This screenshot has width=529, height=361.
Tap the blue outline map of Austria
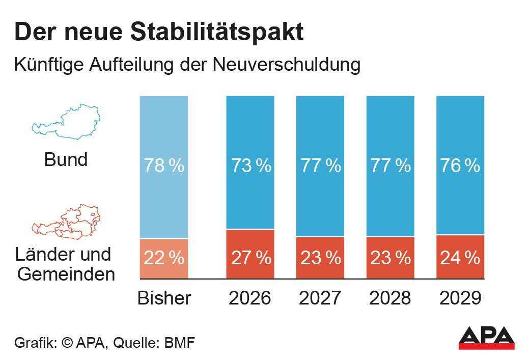(x=65, y=122)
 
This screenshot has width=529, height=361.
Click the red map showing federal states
(x=66, y=222)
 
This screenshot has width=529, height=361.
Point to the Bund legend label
(x=66, y=160)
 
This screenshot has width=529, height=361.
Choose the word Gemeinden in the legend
(x=66, y=274)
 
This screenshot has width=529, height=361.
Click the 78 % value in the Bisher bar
(x=164, y=166)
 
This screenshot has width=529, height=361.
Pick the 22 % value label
(x=164, y=258)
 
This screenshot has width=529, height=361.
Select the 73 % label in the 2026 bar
(x=250, y=166)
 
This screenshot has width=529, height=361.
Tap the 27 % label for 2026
(x=250, y=258)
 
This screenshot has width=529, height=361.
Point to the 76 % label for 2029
(x=460, y=166)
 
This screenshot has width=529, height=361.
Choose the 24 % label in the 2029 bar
(x=460, y=258)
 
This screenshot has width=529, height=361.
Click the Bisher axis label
(x=164, y=298)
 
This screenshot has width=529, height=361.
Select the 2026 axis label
(x=250, y=298)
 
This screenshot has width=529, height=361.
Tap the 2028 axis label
(x=391, y=298)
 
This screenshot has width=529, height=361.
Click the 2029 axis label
(x=460, y=298)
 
